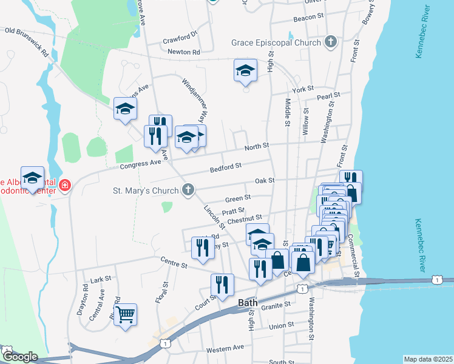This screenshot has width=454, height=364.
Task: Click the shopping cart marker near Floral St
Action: [x=125, y=315]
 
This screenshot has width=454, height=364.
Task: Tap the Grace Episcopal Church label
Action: [x=276, y=43]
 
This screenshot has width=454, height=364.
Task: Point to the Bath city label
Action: [x=248, y=302]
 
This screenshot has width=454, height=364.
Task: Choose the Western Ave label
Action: [x=225, y=349]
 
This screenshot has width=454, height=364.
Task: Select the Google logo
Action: [x=19, y=357]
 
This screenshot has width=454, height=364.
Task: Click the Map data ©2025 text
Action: [x=428, y=359]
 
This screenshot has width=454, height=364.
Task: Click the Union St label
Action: [x=281, y=326]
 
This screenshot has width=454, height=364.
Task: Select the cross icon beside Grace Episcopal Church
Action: [x=330, y=42]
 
